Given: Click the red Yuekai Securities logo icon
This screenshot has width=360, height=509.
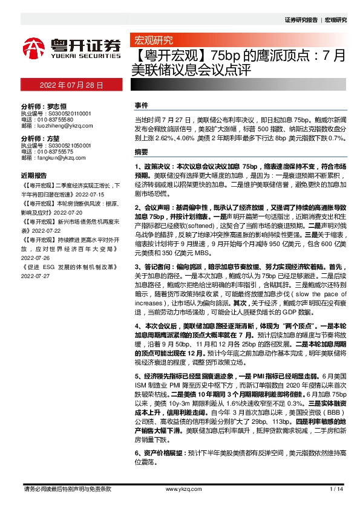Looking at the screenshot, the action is pos(36,47).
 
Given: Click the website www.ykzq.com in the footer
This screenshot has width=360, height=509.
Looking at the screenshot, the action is pos(181,489).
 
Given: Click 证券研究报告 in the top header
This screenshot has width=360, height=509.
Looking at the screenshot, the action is pos(300,19).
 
